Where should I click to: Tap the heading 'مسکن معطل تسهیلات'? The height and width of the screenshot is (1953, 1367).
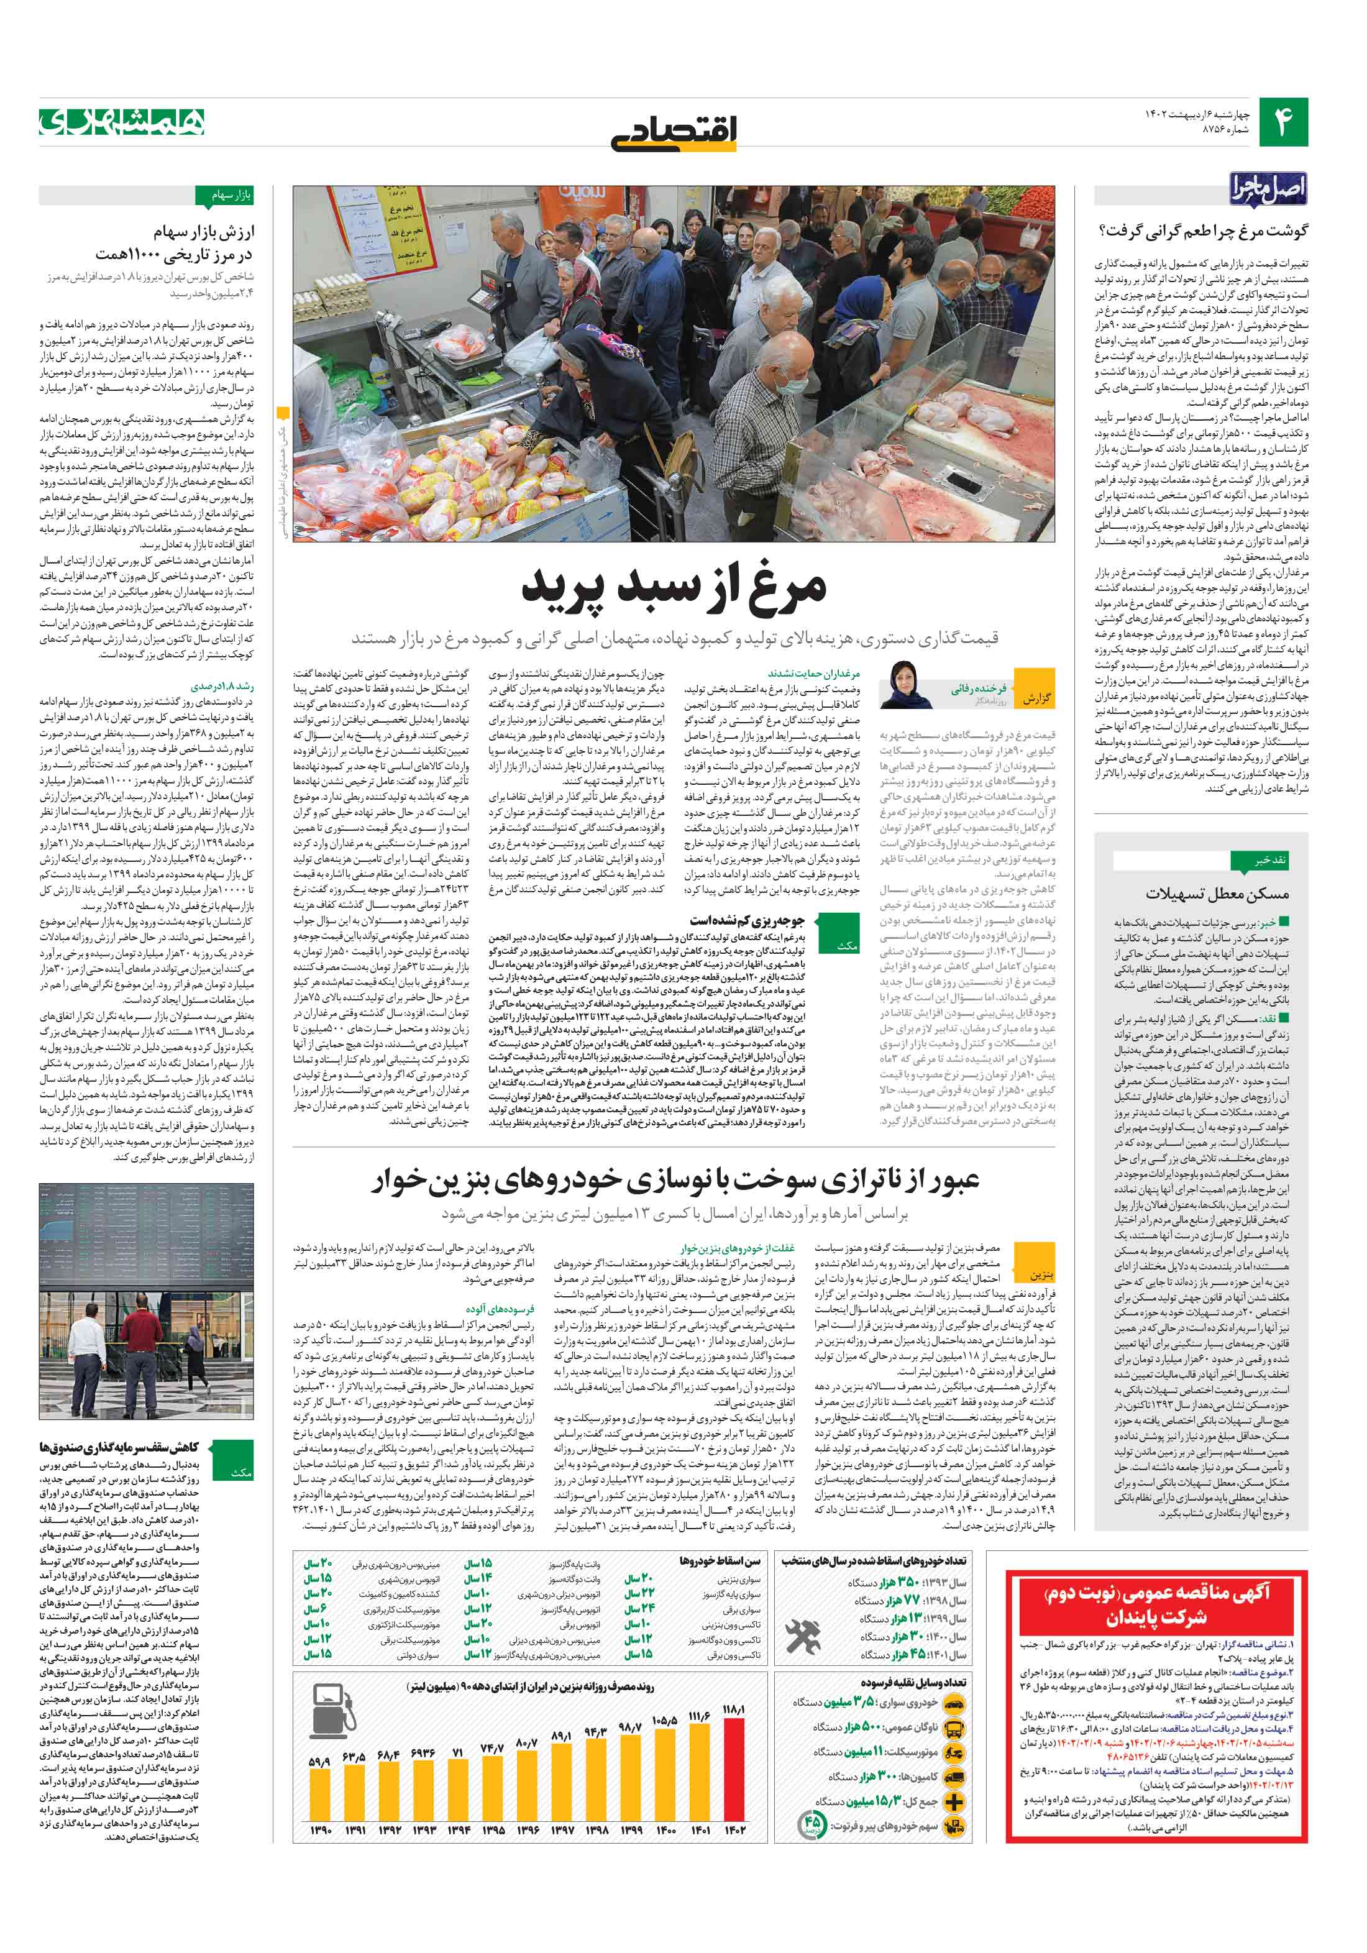click(x=1217, y=893)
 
